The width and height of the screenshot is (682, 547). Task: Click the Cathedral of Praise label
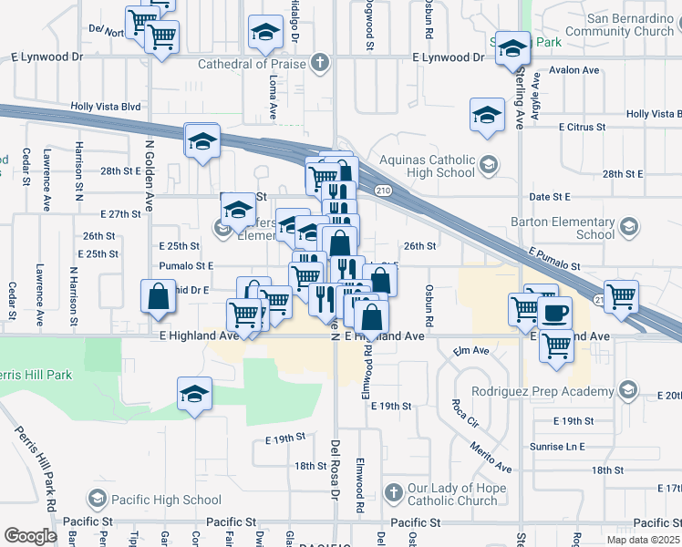[x=253, y=64]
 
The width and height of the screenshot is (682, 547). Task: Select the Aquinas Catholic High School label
[x=428, y=165]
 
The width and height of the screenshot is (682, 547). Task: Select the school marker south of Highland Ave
[x=194, y=394]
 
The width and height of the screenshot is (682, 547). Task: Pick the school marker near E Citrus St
[x=487, y=115]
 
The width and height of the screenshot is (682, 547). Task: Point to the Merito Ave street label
[x=491, y=453]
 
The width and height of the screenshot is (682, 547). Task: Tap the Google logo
[x=31, y=536]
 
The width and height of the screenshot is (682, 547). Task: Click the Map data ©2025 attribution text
[x=642, y=540]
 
